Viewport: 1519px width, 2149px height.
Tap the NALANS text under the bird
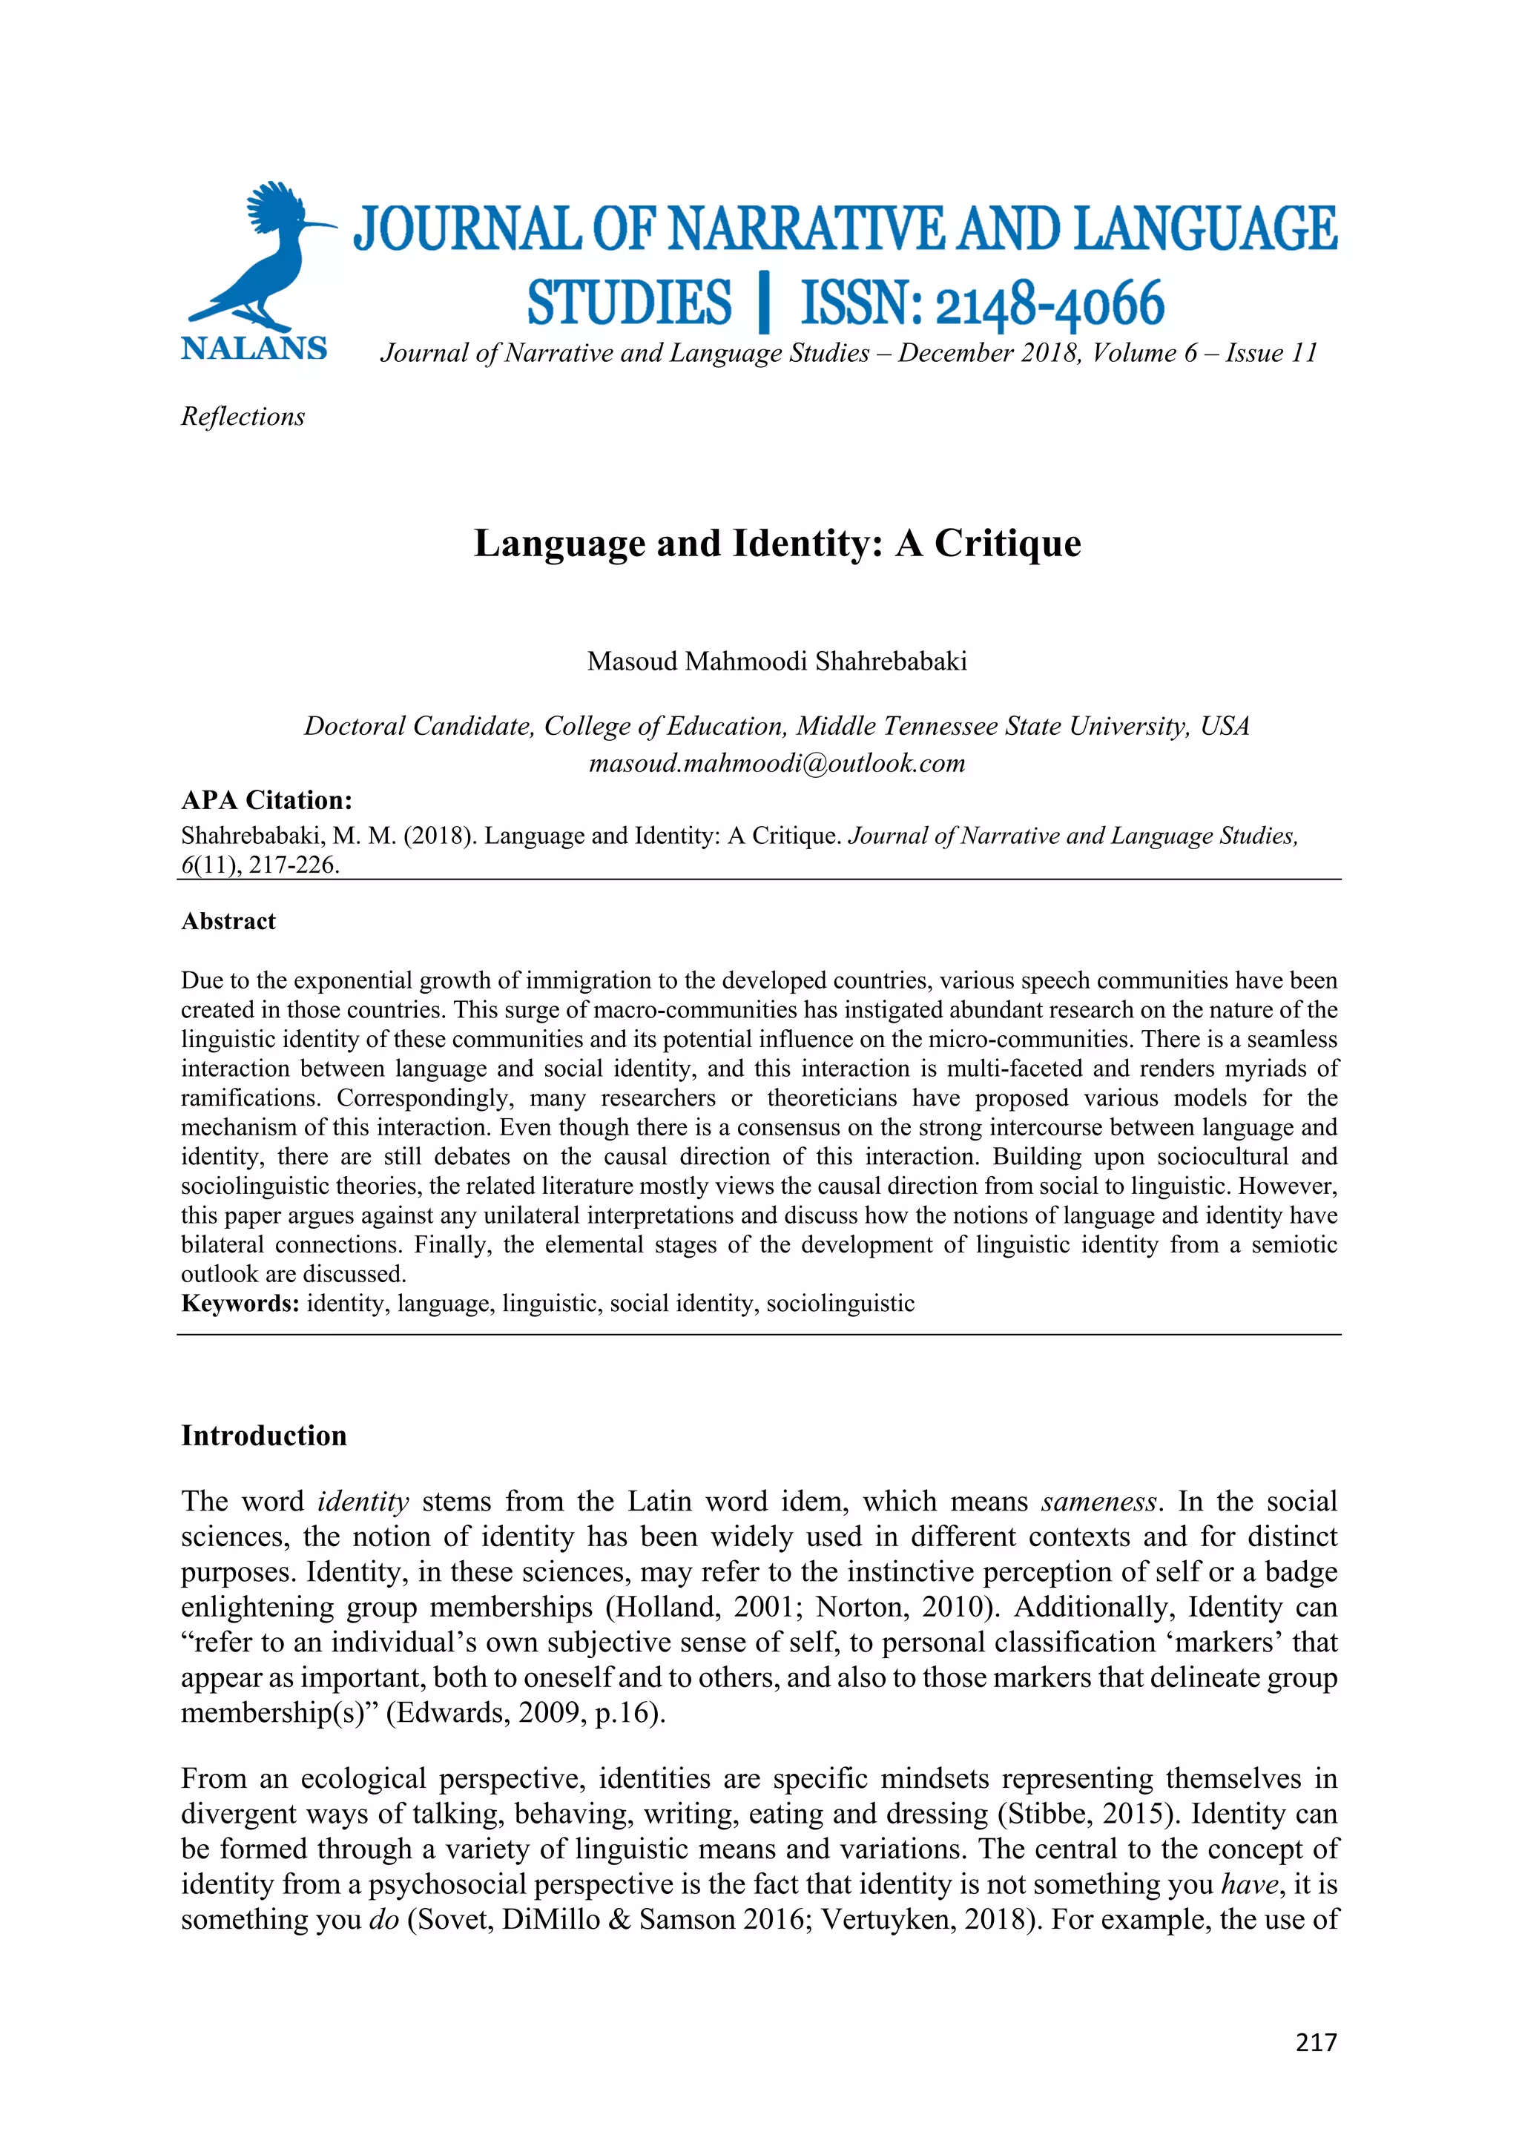click(x=254, y=349)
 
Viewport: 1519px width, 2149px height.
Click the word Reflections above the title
click(x=243, y=417)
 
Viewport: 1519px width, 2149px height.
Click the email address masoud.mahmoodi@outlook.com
click(x=777, y=763)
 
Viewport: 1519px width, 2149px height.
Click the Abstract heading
click(x=228, y=921)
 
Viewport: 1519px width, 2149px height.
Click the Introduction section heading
click(x=264, y=1436)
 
